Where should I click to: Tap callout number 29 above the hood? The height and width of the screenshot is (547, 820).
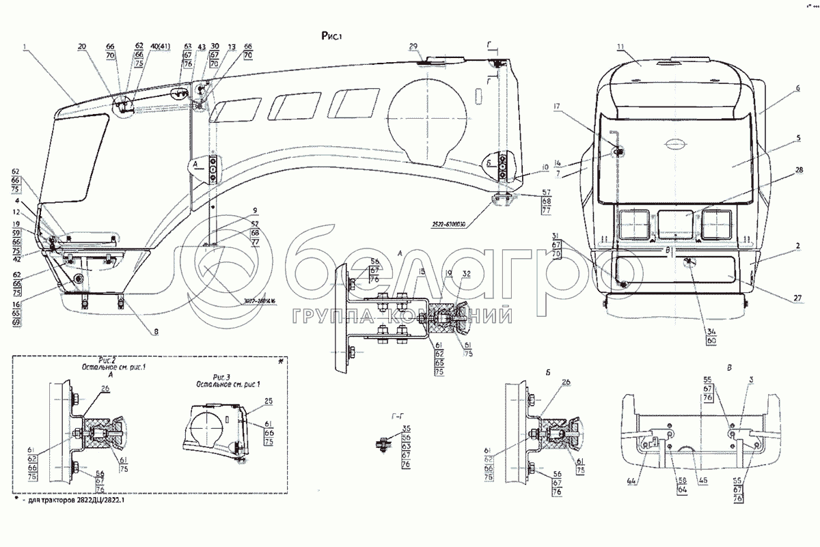[x=413, y=46]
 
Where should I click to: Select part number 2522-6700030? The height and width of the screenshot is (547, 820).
[x=452, y=224]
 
